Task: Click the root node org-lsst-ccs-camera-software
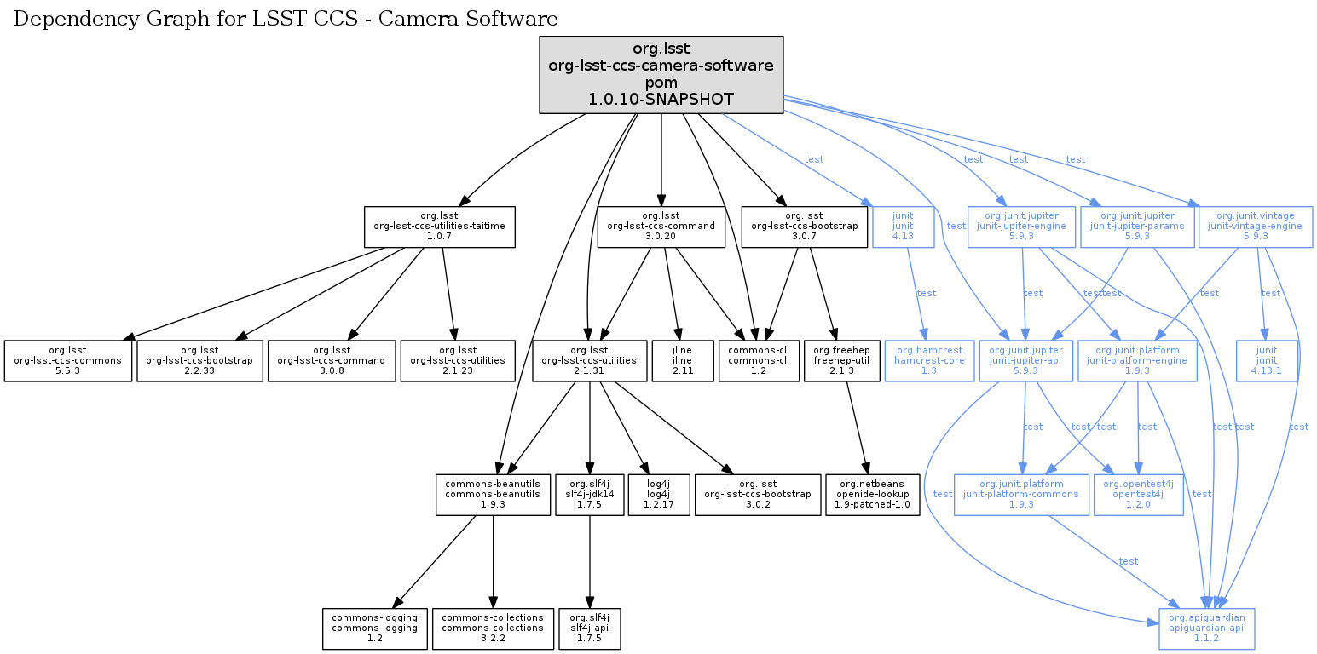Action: click(x=661, y=75)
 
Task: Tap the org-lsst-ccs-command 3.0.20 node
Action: click(x=661, y=227)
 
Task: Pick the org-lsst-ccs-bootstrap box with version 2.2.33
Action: click(x=199, y=361)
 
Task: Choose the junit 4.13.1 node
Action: click(x=1267, y=361)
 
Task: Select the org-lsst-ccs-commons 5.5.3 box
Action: click(x=67, y=361)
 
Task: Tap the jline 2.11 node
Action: click(x=681, y=361)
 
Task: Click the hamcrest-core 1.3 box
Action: click(x=929, y=361)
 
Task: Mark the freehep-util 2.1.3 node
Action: click(x=841, y=361)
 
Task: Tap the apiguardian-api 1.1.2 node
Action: click(x=1207, y=628)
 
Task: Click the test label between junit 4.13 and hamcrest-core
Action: click(x=926, y=293)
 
